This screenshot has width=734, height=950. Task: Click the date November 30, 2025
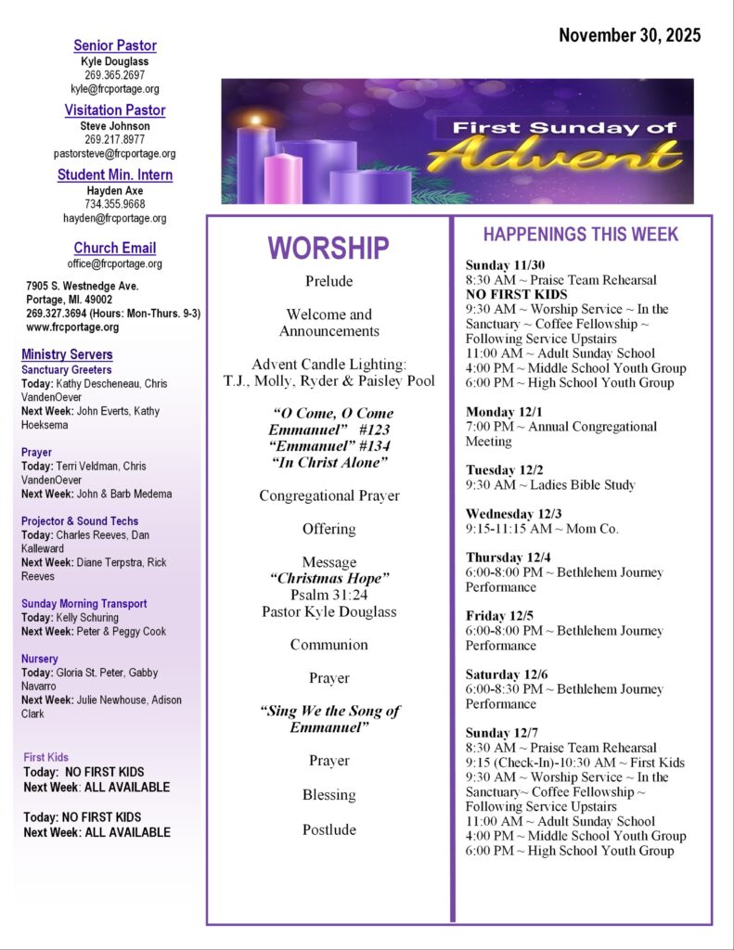click(x=629, y=36)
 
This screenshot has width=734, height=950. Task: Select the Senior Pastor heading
click(x=115, y=45)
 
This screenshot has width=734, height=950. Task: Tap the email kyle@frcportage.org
click(x=115, y=89)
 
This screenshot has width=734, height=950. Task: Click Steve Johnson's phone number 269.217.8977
click(x=115, y=139)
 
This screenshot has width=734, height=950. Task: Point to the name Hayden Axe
click(x=115, y=189)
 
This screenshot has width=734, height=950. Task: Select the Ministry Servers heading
click(x=67, y=354)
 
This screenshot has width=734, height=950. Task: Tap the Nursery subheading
click(x=39, y=659)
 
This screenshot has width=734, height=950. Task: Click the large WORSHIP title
click(x=328, y=248)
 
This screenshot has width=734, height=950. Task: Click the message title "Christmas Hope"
click(x=328, y=579)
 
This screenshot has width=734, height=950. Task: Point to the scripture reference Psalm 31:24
click(x=328, y=595)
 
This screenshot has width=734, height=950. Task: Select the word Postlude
click(x=328, y=829)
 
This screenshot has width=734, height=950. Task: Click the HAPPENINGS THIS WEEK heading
click(x=581, y=235)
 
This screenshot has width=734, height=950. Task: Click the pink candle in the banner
click(x=283, y=178)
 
